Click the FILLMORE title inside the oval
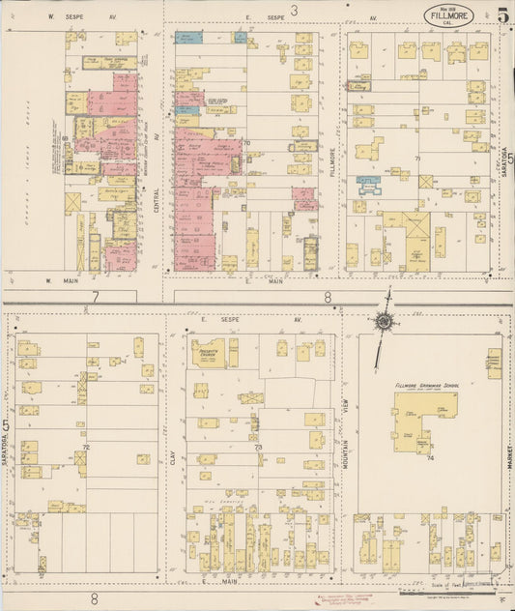(x=447, y=14)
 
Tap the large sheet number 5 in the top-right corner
(x=502, y=15)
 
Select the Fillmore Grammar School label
(x=427, y=385)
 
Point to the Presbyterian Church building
(x=207, y=353)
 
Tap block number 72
(x=85, y=449)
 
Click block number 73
(x=258, y=448)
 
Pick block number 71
(x=418, y=158)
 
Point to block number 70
(x=246, y=143)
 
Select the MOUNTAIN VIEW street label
(x=346, y=425)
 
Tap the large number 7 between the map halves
(x=96, y=296)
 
